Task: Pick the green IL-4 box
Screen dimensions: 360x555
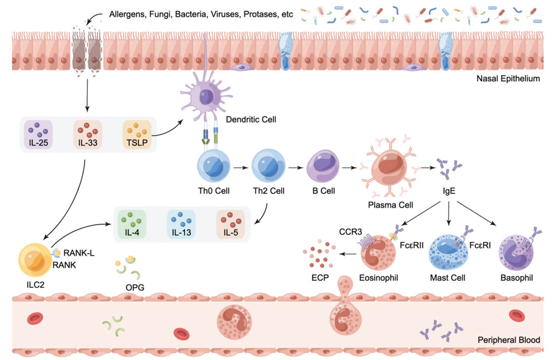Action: pyautogui.click(x=133, y=224)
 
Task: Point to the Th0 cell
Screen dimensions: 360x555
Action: pyautogui.click(x=212, y=167)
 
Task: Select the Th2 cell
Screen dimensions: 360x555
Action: pyautogui.click(x=267, y=167)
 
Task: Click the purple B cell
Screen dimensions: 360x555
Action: pyautogui.click(x=321, y=168)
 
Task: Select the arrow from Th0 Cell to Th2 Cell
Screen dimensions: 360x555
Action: pyautogui.click(x=239, y=167)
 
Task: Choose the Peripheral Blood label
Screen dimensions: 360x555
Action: pyautogui.click(x=509, y=340)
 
